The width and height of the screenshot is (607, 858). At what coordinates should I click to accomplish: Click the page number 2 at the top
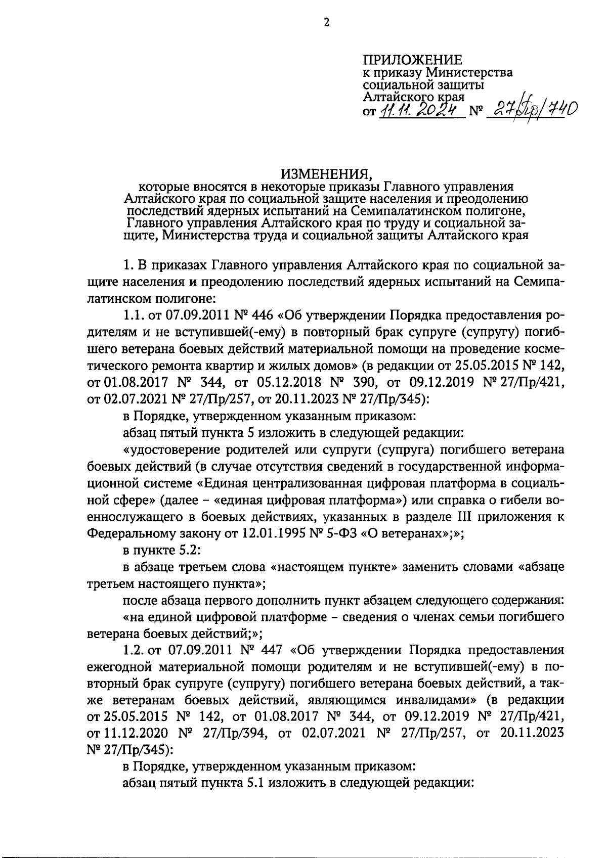pos(326,22)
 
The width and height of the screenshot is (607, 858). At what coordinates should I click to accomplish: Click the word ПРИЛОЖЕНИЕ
pos(413,60)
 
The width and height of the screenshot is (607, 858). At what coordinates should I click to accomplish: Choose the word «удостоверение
pos(164,449)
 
